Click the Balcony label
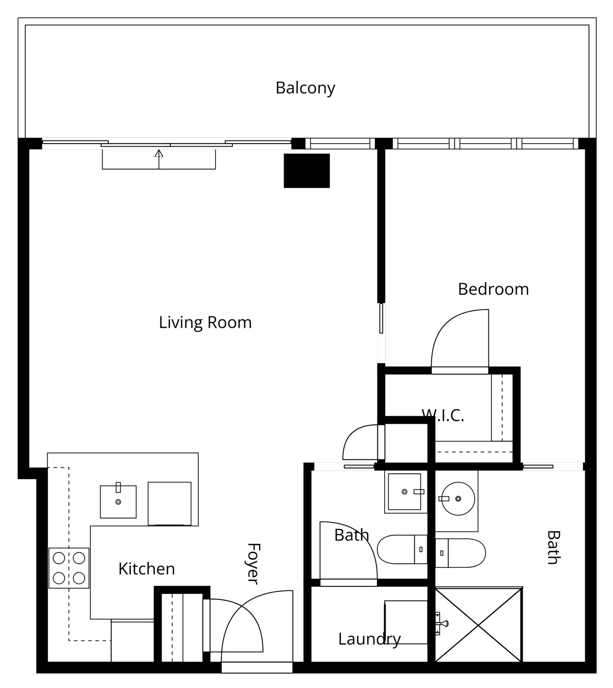click(x=305, y=88)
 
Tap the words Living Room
click(x=205, y=322)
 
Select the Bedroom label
click(x=493, y=289)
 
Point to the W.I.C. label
click(x=442, y=416)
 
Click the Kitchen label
click(x=147, y=569)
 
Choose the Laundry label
click(x=369, y=639)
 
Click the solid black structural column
click(x=307, y=171)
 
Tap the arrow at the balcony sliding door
click(x=159, y=159)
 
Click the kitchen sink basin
click(x=118, y=502)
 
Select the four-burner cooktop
click(x=69, y=568)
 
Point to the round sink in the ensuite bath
click(x=458, y=499)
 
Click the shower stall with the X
click(x=478, y=625)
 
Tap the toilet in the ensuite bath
click(x=460, y=553)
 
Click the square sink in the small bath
click(x=405, y=492)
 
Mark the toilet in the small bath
click(x=402, y=549)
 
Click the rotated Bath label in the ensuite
click(x=554, y=548)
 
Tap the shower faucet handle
click(x=441, y=624)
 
